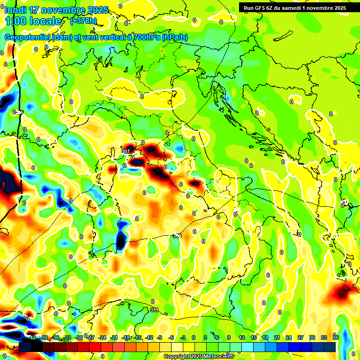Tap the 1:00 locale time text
[x=33, y=21]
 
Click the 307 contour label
[x=125, y=151]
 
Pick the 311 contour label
[x=154, y=310]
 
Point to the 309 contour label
[x=177, y=236]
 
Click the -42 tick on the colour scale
[x=32, y=337]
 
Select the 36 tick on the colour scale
[x=336, y=337]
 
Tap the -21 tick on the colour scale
[x=114, y=337]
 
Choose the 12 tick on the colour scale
[x=242, y=337]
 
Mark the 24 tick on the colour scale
[x=289, y=337]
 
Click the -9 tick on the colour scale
[x=160, y=337]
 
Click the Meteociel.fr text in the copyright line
[x=222, y=356]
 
